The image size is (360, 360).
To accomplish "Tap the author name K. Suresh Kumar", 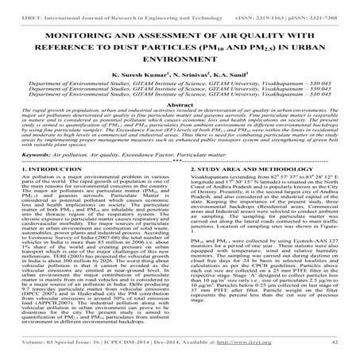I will coord(134,79).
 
